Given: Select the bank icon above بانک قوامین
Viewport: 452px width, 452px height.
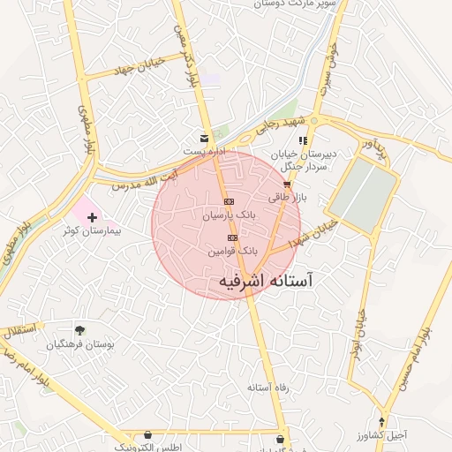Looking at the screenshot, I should [233, 237].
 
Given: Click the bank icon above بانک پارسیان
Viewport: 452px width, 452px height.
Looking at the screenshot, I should [230, 201].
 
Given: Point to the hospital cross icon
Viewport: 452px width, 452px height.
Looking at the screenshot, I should [93, 216].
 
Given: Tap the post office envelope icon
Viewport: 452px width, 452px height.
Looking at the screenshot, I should [205, 139].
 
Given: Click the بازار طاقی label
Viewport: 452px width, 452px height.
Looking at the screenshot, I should [286, 198].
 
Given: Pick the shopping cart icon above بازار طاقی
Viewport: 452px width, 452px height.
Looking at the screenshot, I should [287, 185].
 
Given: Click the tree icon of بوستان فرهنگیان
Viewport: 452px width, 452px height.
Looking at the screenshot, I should [80, 330].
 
